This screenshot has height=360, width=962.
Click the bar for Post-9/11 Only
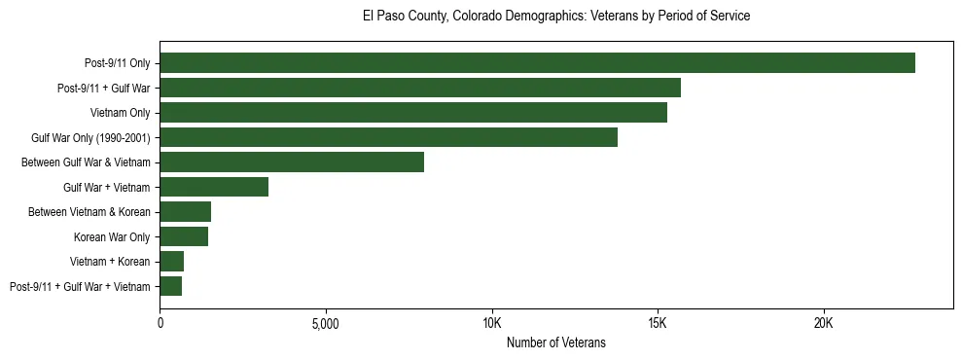pos(537,63)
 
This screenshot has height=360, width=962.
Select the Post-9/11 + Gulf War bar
pos(420,88)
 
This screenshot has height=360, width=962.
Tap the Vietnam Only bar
pos(413,113)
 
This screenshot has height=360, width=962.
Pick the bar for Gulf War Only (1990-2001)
pos(388,137)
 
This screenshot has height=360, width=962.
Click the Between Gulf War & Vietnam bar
pos(292,162)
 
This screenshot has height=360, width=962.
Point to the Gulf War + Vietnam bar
pos(214,187)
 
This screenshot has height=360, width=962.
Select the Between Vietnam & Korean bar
pos(185,212)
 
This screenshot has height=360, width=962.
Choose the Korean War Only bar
pos(184,236)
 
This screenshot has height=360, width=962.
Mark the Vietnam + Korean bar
pos(171,262)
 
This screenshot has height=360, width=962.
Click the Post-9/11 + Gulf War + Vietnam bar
pos(170,286)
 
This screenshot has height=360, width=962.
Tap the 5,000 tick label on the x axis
pos(326,323)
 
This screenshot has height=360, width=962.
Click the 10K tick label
pos(492,323)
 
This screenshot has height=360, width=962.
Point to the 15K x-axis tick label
pos(658,323)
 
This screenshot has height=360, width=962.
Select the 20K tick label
pos(824,323)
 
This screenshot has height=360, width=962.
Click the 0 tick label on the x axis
pos(160,323)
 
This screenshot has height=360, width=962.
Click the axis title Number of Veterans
pos(556,342)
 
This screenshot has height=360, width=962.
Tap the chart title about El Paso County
pos(555,17)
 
